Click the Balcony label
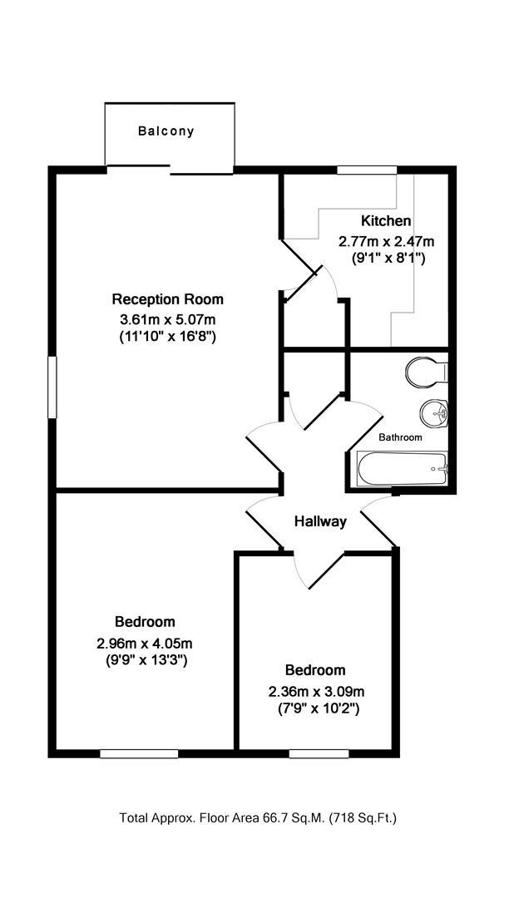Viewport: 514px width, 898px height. pyautogui.click(x=166, y=131)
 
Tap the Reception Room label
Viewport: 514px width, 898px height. pyautogui.click(x=168, y=299)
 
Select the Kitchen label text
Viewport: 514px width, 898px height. pyautogui.click(x=386, y=221)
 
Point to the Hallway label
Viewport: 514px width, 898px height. pyautogui.click(x=320, y=522)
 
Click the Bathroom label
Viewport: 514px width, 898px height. pyautogui.click(x=400, y=437)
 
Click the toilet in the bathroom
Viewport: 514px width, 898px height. pyautogui.click(x=428, y=372)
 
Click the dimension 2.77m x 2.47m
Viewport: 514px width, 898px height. pyautogui.click(x=386, y=241)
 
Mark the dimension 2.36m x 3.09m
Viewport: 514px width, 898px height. pyautogui.click(x=316, y=691)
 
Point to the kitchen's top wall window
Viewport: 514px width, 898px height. pyautogui.click(x=366, y=170)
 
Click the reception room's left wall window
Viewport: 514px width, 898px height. pyautogui.click(x=52, y=387)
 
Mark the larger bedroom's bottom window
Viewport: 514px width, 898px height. pyautogui.click(x=139, y=754)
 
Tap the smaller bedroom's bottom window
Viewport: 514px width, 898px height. pyautogui.click(x=307, y=754)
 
